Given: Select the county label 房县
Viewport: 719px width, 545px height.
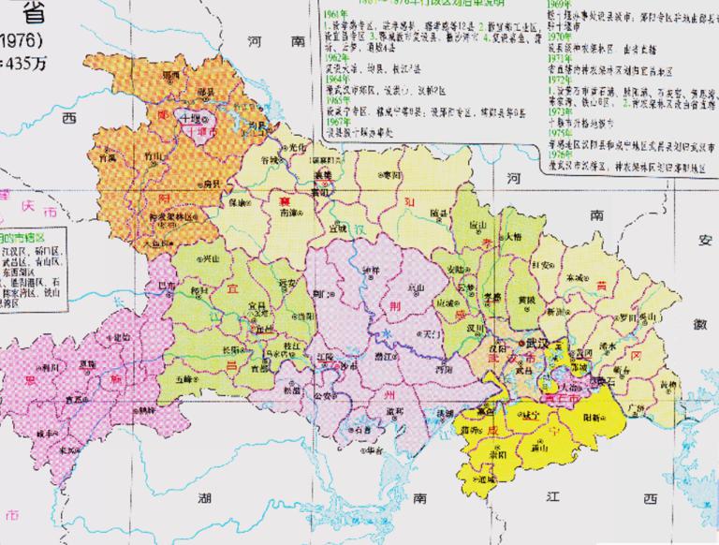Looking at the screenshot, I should [x=212, y=184].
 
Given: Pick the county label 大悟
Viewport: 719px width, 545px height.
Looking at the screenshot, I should [x=512, y=237].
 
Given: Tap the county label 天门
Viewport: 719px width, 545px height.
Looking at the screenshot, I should [x=432, y=332].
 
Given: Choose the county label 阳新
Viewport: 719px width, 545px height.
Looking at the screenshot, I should [x=594, y=417].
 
